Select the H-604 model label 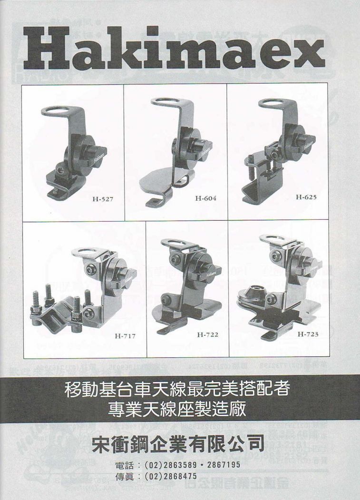tap(205, 198)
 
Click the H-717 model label tap(125, 336)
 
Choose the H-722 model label tap(208, 334)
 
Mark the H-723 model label tap(308, 333)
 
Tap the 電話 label tap(125, 465)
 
